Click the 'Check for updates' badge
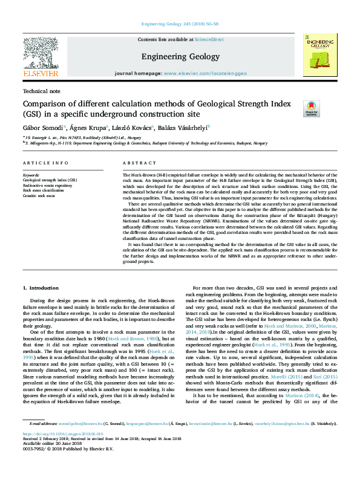[311, 109]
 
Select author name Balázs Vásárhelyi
[182, 128]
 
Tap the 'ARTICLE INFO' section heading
[45, 163]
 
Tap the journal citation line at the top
[180, 24]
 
